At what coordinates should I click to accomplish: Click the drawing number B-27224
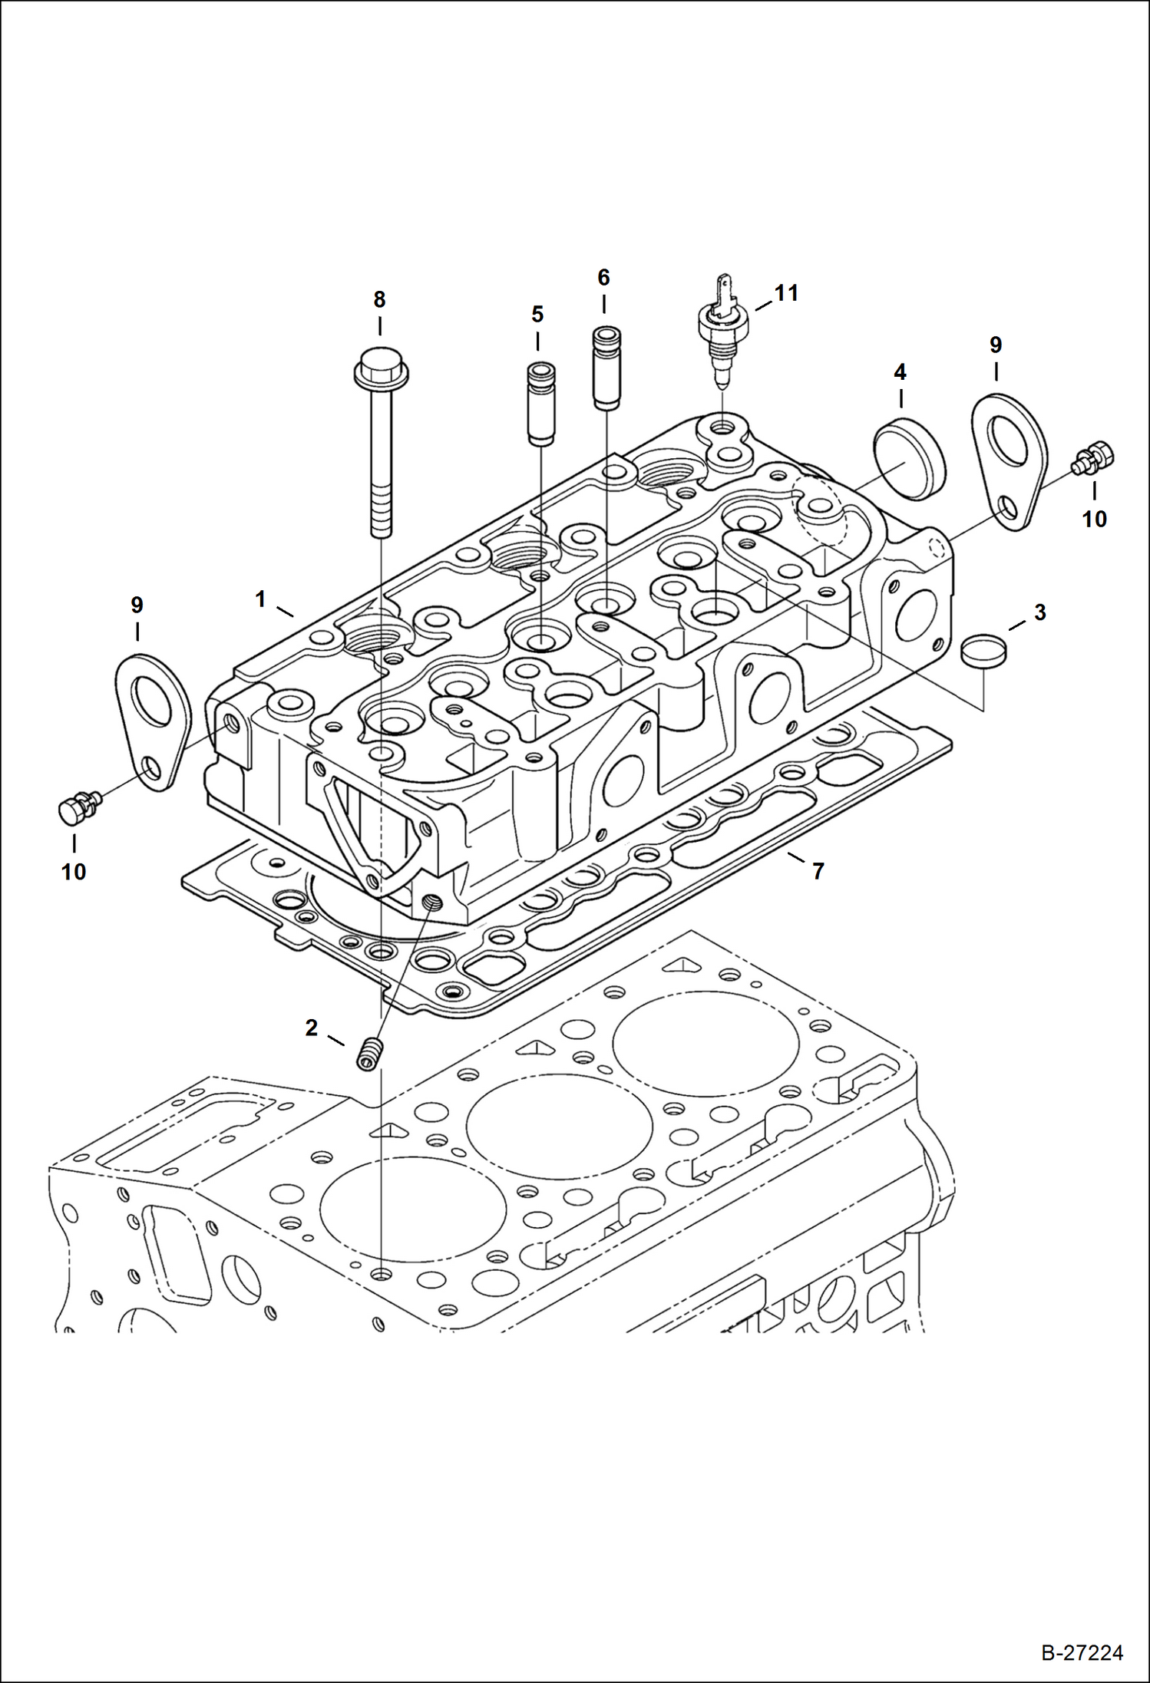tap(1082, 1652)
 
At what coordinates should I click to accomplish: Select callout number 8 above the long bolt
tap(379, 300)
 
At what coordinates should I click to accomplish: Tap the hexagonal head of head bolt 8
tap(381, 368)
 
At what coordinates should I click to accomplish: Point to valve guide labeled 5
tap(540, 404)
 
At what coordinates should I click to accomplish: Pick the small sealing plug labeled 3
tap(984, 652)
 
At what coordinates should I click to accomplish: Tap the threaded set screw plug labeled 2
tap(370, 1054)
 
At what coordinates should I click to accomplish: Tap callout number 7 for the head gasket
tap(818, 871)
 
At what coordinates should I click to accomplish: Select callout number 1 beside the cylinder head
tap(261, 599)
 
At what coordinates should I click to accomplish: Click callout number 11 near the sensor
tap(786, 293)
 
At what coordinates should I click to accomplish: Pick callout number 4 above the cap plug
tap(900, 373)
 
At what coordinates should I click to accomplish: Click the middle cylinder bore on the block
tap(559, 1123)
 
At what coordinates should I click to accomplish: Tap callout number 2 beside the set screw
tap(311, 1028)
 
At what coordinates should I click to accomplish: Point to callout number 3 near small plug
tap(1039, 612)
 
